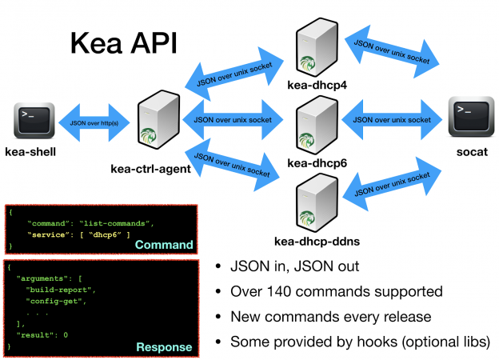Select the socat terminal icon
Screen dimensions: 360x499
467,118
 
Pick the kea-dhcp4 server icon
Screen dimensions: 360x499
313,47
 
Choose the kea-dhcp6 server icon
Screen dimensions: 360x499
313,124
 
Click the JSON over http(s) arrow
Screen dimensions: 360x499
94,122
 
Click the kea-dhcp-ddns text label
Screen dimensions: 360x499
314,241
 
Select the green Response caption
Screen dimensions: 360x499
163,346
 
